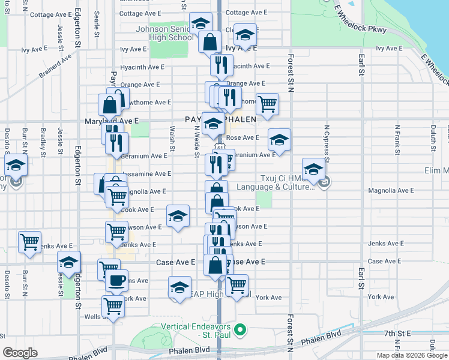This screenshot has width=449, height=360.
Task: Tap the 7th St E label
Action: pos(397,333)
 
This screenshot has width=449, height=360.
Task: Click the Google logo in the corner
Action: pos(20,352)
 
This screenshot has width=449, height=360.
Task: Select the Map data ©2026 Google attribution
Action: pos(412,355)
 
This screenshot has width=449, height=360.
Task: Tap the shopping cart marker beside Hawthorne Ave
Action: pos(267,103)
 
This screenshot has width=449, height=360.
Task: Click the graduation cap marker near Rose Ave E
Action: pos(279,140)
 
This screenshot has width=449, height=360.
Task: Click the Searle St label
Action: pos(97,27)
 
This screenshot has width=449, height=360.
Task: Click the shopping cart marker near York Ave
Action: pos(237,285)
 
